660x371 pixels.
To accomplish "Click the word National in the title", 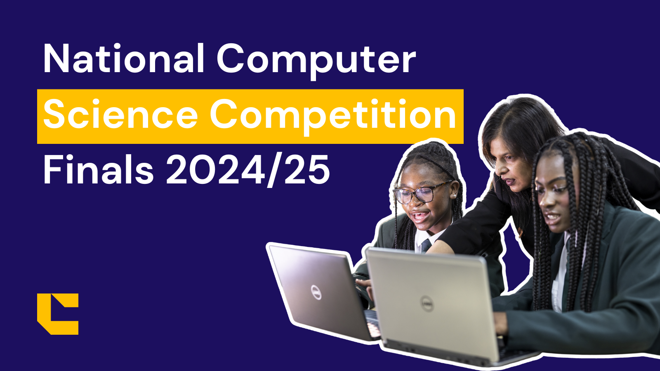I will click(x=124, y=59).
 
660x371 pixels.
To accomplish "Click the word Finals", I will click(x=98, y=169).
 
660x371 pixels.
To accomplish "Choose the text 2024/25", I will click(x=247, y=170).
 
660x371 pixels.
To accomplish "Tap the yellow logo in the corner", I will click(x=57, y=314).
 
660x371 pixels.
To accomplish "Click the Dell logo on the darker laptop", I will click(x=316, y=292).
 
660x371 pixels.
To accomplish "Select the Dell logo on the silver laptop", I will click(x=427, y=304).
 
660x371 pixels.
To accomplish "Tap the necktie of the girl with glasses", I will click(x=425, y=246).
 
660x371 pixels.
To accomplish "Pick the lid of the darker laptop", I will click(x=313, y=284).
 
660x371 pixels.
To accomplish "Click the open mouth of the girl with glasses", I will click(x=420, y=215).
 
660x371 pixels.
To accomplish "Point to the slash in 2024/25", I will click(x=273, y=170).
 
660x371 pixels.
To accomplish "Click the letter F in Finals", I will click(x=51, y=169).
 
